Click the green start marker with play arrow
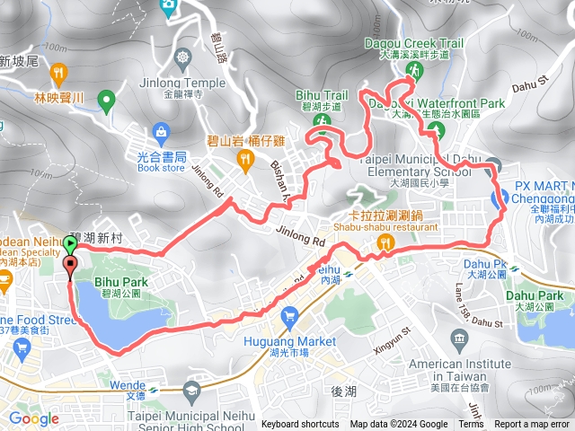[x=71, y=243]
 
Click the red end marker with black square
[x=71, y=264]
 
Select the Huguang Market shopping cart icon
[x=289, y=316]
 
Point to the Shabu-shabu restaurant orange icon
[x=386, y=242]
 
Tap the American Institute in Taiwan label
[x=454, y=364]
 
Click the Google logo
[x=33, y=418]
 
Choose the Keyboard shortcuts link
[x=300, y=425]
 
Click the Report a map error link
[x=533, y=425]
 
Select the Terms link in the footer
[x=471, y=425]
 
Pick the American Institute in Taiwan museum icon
[x=460, y=339]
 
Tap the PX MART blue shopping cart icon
[x=497, y=199]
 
